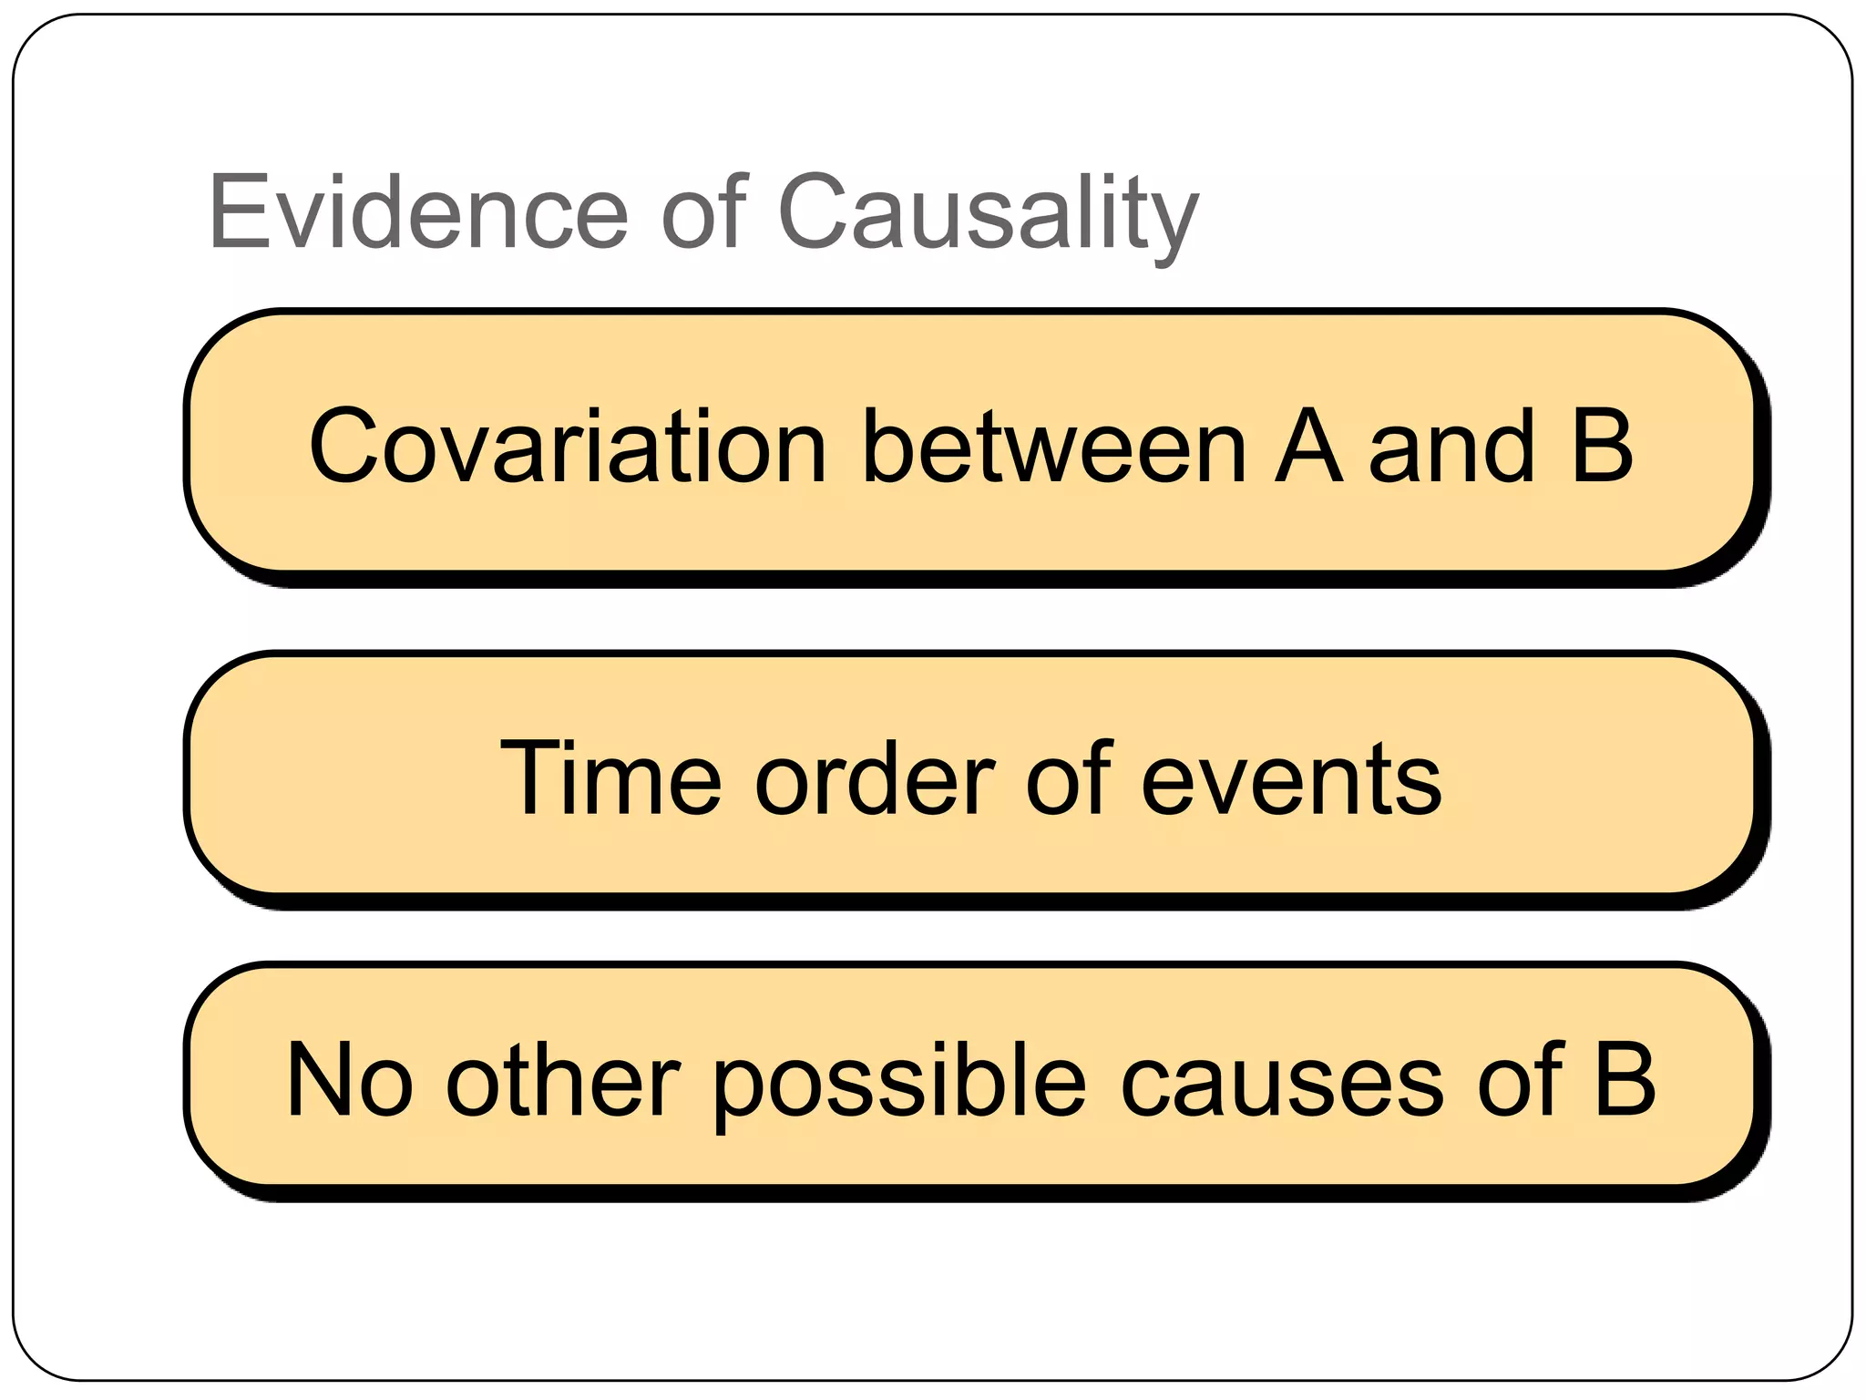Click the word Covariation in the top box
click(x=567, y=446)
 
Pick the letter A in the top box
click(x=1308, y=446)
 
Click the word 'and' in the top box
click(x=1452, y=446)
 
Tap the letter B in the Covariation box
click(x=1601, y=446)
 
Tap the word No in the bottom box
click(x=349, y=1080)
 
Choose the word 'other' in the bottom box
click(x=562, y=1080)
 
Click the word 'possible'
click(x=898, y=1080)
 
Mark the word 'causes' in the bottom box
click(x=1281, y=1080)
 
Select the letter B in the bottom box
click(x=1624, y=1080)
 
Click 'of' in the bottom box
click(x=1519, y=1080)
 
